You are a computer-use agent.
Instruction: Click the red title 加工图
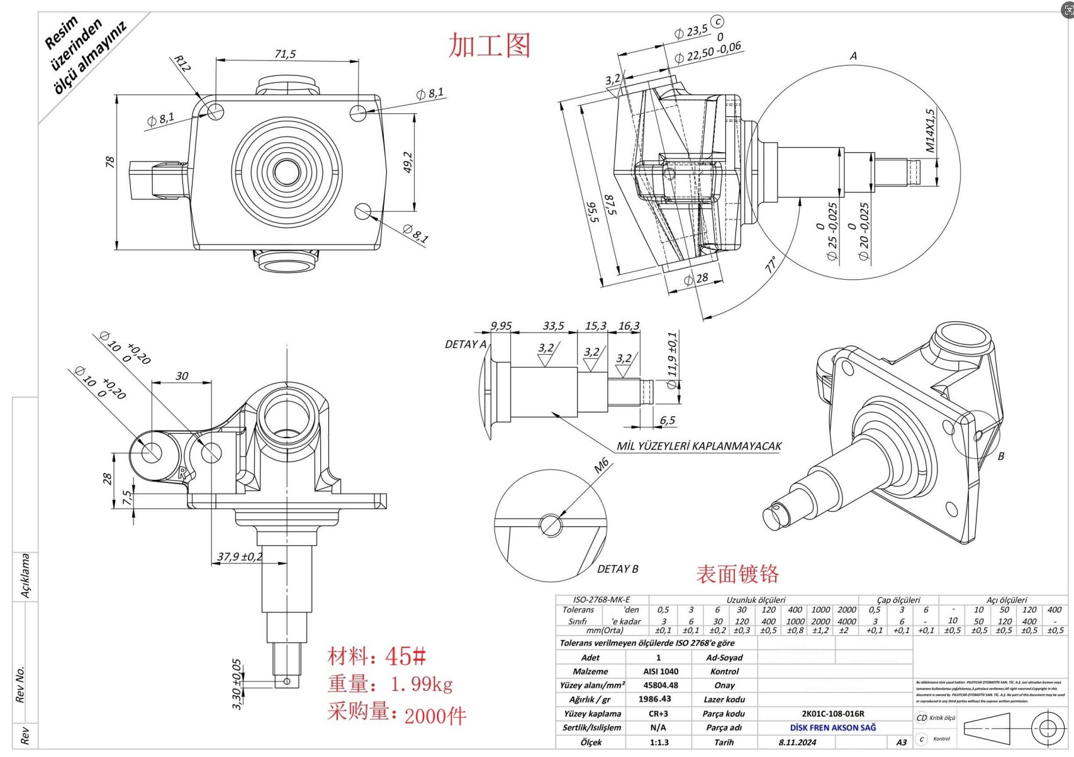tap(489, 45)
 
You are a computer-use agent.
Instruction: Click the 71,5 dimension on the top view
tap(285, 54)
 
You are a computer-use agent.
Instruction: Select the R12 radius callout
tap(182, 64)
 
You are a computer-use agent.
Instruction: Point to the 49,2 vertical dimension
tap(408, 162)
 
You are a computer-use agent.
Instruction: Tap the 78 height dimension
tap(110, 162)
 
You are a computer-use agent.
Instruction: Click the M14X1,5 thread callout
tap(930, 131)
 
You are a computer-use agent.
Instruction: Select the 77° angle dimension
tap(771, 264)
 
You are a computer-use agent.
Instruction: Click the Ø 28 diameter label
tap(696, 279)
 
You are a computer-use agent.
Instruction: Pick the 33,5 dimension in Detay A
tap(553, 326)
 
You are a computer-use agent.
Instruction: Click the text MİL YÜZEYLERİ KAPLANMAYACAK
tap(698, 446)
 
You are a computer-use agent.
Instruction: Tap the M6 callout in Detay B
tap(601, 465)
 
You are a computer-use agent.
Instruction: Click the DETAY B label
tap(617, 569)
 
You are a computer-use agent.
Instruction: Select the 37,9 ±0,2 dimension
tap(240, 556)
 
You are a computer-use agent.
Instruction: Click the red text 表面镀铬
tap(737, 573)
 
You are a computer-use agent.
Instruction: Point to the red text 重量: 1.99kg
tap(390, 684)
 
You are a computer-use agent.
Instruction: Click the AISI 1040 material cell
tap(660, 671)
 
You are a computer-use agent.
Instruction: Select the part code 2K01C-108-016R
tap(832, 714)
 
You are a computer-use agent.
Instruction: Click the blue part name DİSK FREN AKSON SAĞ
tap(832, 727)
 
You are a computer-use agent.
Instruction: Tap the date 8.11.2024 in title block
tap(797, 742)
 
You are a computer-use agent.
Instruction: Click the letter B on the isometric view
tap(1000, 456)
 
